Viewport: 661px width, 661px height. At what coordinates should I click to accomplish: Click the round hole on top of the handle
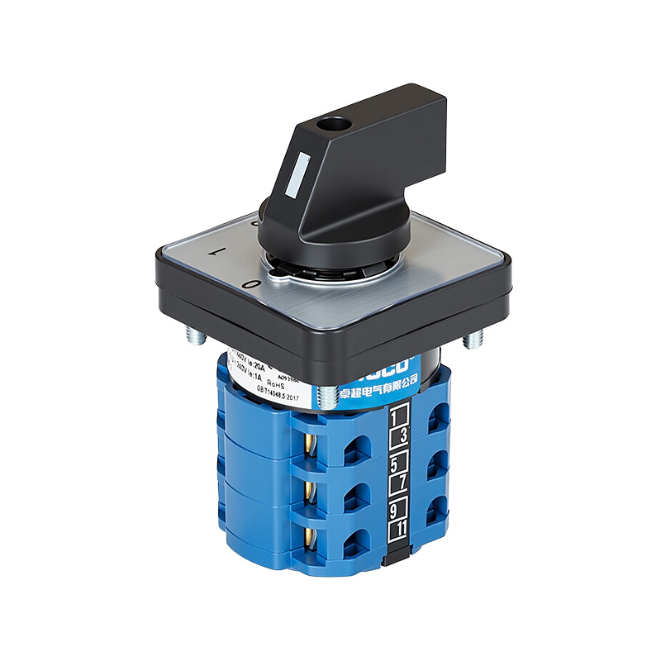335,125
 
